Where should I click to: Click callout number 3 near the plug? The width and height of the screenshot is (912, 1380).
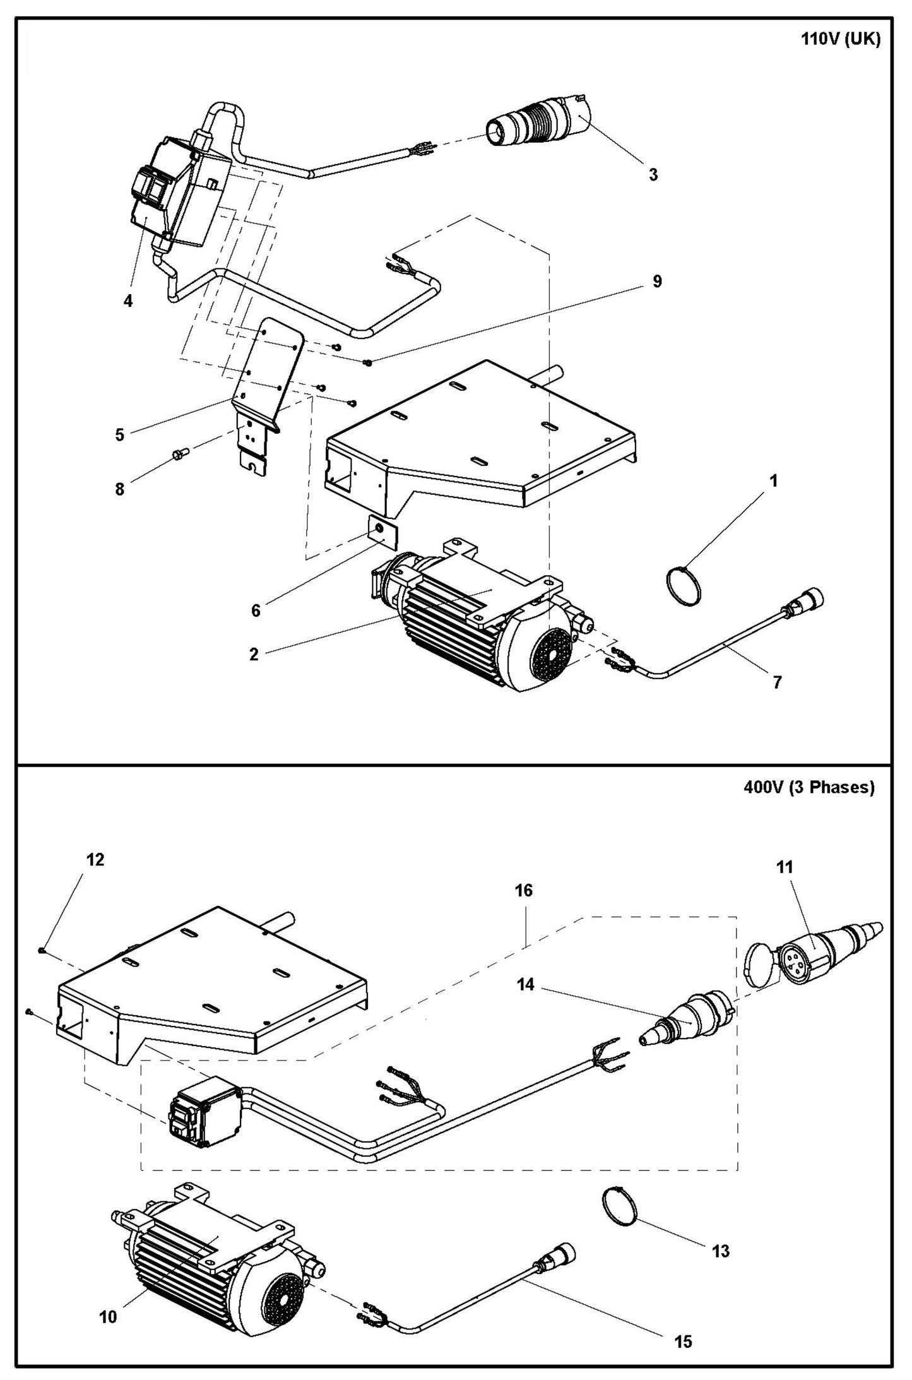pos(653,175)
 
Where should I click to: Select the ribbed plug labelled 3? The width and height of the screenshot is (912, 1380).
pos(542,123)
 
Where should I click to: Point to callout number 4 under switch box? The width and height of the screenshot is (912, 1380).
pos(128,301)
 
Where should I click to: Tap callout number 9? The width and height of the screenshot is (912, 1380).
pos(657,282)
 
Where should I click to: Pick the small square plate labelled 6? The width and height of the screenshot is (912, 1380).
pos(381,530)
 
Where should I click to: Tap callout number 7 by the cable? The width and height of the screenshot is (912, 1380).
pos(777,682)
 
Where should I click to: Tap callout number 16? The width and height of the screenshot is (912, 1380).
pos(524,890)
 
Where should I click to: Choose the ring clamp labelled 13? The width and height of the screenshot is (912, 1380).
pos(620,1206)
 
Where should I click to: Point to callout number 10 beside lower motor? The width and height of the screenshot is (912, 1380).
pos(109,1294)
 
